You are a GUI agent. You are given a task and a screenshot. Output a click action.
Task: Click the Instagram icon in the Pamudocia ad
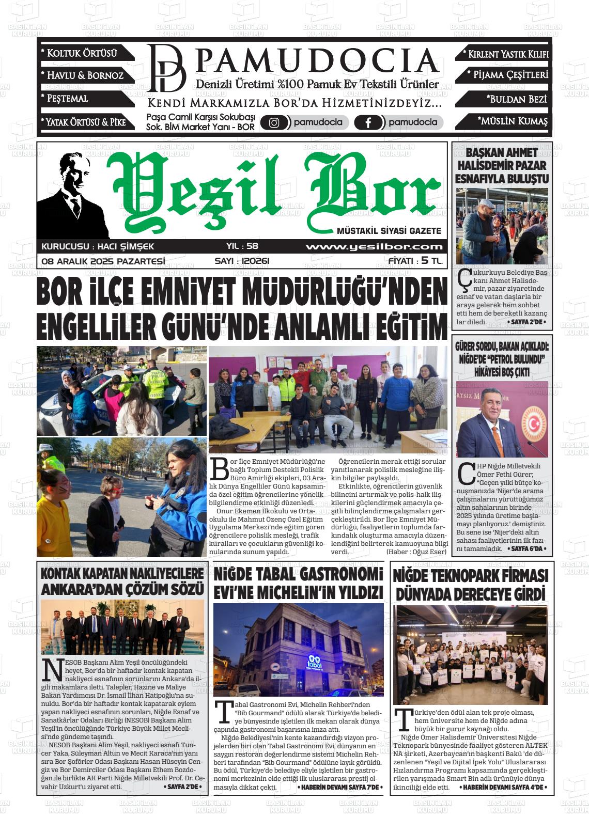274,122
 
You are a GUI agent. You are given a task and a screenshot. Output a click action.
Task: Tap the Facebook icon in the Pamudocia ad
368,122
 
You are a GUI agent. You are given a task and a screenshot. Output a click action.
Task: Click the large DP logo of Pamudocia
166,68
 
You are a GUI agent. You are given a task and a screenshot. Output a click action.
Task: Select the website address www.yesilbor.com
374,247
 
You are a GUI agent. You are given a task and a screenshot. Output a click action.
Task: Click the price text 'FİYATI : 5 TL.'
415,261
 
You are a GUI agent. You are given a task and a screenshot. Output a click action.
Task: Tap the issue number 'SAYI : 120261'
242,261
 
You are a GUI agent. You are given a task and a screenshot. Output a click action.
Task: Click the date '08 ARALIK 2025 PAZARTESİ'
103,261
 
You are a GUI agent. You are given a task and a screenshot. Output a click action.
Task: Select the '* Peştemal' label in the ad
65,98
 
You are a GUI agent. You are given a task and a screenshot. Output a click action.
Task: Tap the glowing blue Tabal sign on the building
315,663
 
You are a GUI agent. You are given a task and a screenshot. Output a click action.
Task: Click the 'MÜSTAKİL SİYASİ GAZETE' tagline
389,231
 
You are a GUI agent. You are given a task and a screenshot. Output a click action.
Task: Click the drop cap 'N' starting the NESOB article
50,670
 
